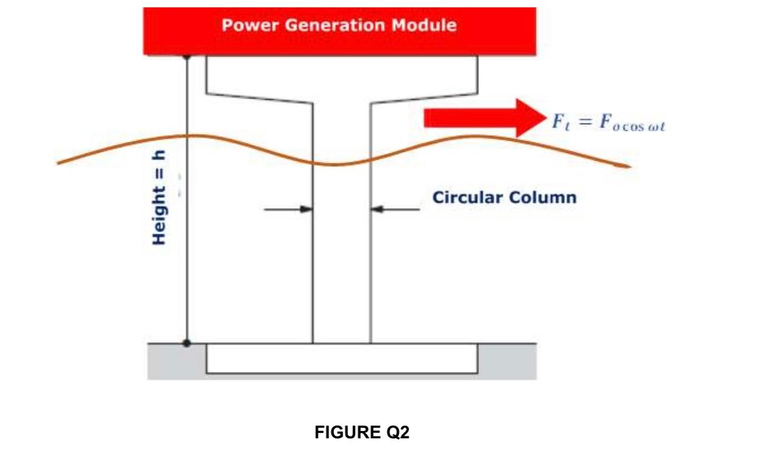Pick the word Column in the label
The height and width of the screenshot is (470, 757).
[544, 198]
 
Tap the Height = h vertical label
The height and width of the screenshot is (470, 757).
[159, 198]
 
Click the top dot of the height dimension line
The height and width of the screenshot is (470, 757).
[187, 56]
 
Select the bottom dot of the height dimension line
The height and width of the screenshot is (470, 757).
[187, 343]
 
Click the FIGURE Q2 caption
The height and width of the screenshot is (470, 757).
[362, 433]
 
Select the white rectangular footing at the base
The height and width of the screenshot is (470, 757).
[341, 359]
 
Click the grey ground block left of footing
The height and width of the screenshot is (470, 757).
[176, 362]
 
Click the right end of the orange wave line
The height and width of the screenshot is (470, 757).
[629, 166]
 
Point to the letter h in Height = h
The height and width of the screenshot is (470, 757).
[159, 156]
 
